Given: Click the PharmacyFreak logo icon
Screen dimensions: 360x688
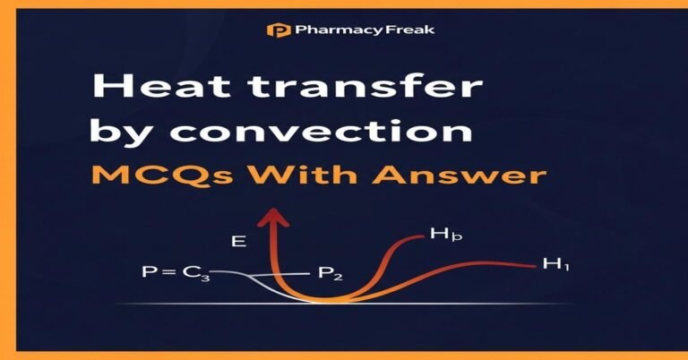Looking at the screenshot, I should (277, 30).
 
